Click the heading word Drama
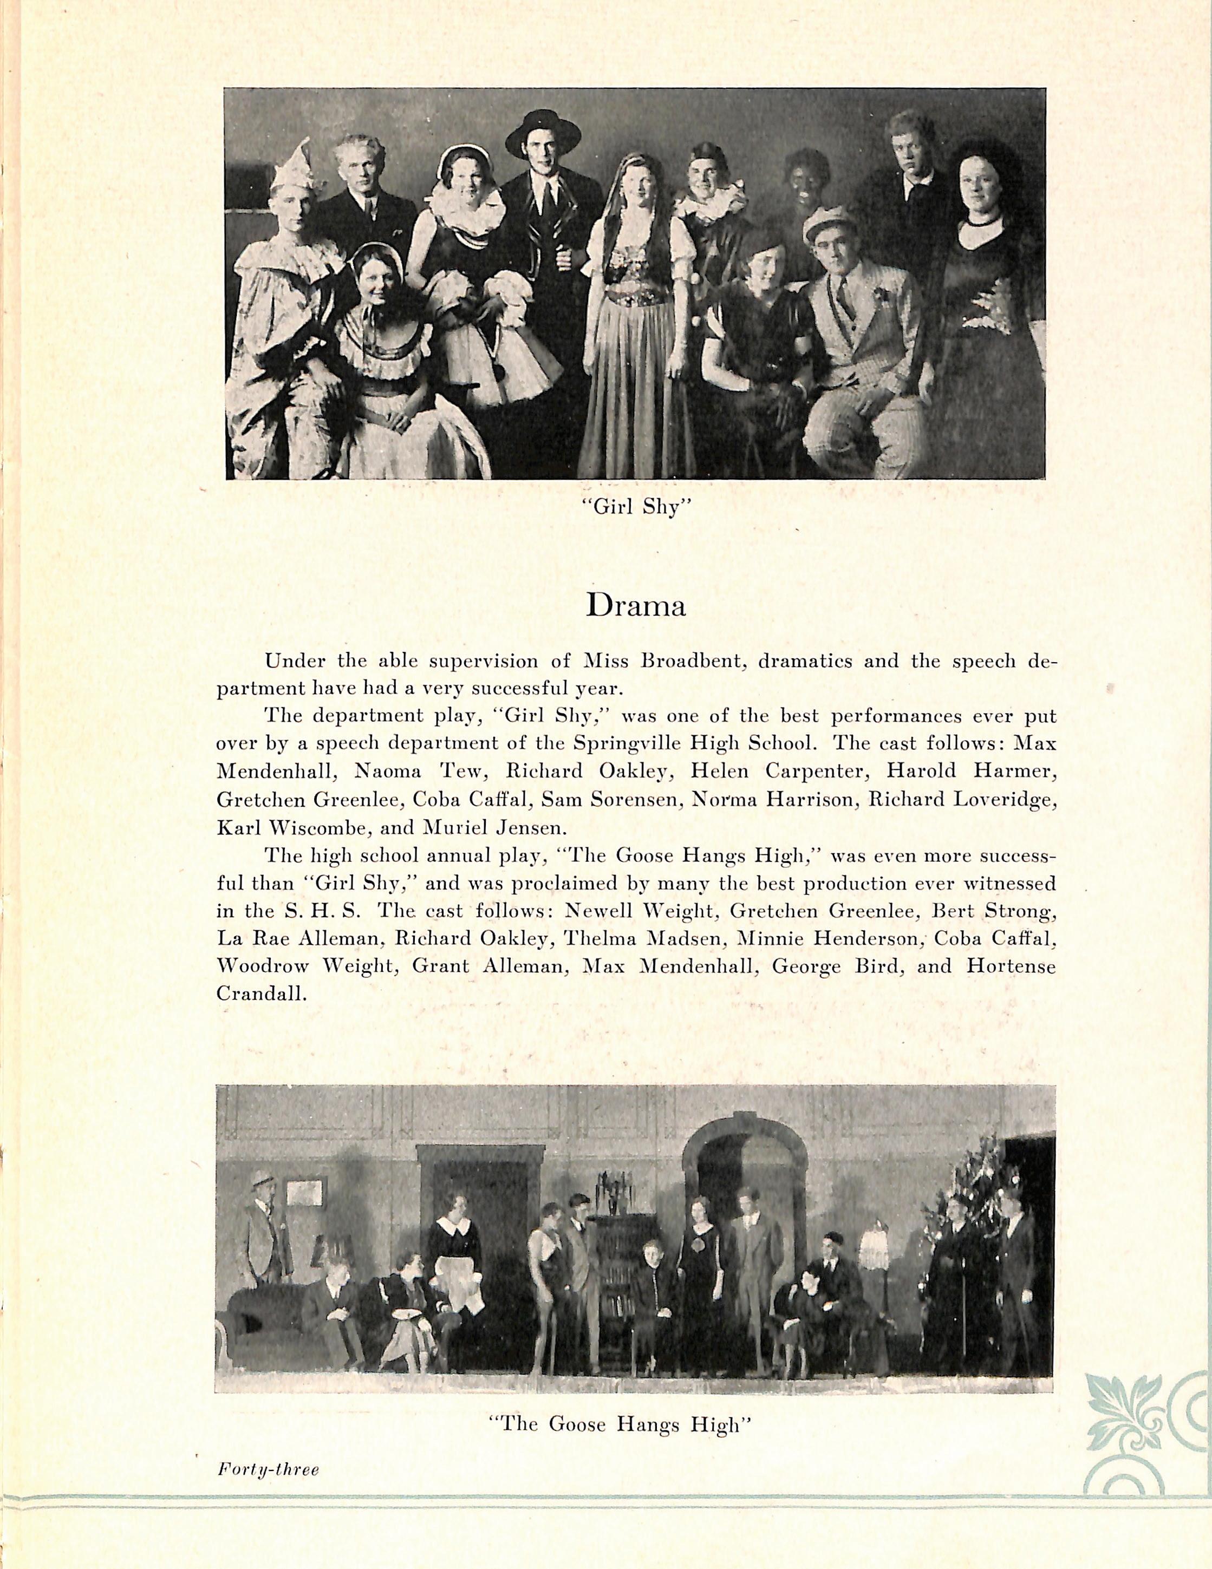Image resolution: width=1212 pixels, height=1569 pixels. coord(636,606)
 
